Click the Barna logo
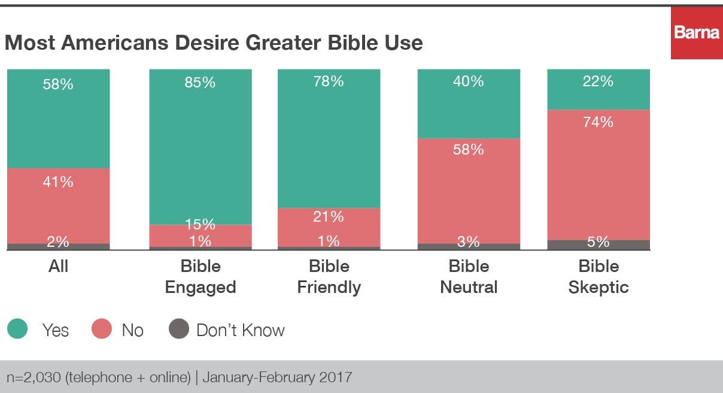[x=697, y=32]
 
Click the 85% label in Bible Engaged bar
[x=200, y=82]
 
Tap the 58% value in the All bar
[x=58, y=84]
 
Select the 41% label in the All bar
[x=58, y=182]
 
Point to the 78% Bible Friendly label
[x=329, y=81]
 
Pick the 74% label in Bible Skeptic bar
[x=598, y=122]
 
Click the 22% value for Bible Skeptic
[x=598, y=81]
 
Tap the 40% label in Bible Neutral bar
[x=469, y=81]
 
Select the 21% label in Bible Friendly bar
[x=329, y=216]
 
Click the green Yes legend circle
[x=18, y=329]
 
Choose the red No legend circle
[x=102, y=329]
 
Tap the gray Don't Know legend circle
[x=178, y=329]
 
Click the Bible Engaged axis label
[x=200, y=277]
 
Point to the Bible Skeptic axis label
[x=598, y=277]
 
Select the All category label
[x=58, y=266]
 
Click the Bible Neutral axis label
[x=469, y=277]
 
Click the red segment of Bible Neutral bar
[x=469, y=192]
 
